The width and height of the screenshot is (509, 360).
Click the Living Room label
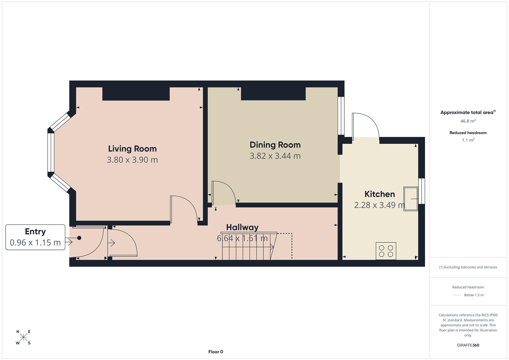coord(132,149)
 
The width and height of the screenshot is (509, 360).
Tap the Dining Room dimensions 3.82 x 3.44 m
coord(275,156)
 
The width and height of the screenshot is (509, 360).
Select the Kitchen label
coord(379,194)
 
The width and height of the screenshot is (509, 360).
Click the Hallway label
coord(242,227)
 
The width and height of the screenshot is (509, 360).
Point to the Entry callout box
coord(35,237)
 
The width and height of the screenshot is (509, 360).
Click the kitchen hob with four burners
coord(386,251)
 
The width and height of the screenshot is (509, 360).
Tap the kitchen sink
coord(411,199)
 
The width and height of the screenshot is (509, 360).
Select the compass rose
coord(23,337)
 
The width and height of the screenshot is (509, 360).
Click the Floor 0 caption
coord(216,352)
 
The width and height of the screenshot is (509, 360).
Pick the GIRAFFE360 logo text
coord(468,345)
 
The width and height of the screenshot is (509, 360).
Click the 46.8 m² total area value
coord(468,121)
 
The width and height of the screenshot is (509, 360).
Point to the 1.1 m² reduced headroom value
coord(468,140)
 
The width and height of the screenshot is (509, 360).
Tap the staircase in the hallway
coord(250,246)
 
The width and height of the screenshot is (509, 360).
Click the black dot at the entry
coord(79,238)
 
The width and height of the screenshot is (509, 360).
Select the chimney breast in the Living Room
coord(136,94)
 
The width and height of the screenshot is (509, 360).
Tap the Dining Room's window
coord(341,116)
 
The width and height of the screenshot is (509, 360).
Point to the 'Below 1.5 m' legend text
coord(474,295)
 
